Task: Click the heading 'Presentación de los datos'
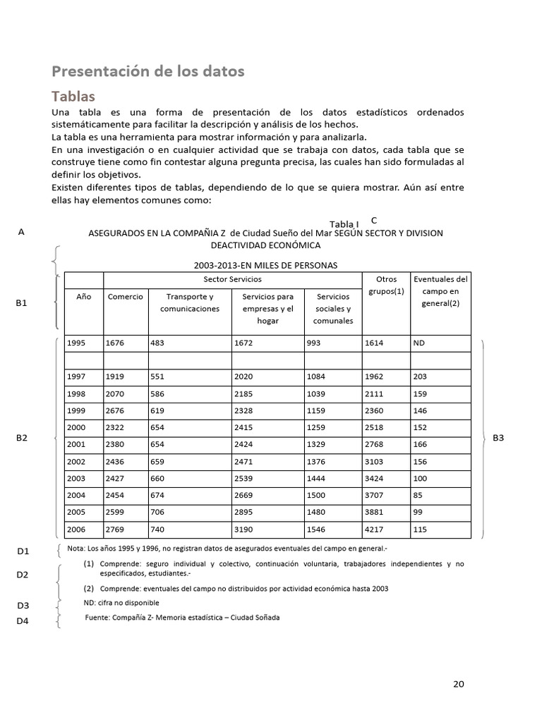click(x=148, y=71)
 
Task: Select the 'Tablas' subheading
click(x=73, y=96)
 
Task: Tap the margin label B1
click(x=21, y=303)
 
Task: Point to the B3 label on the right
click(x=498, y=438)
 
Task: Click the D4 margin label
click(x=23, y=621)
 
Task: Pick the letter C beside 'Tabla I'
click(x=374, y=221)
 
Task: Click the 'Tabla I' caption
click(x=344, y=224)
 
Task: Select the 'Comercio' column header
click(x=126, y=297)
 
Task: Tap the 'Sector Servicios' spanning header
click(x=232, y=280)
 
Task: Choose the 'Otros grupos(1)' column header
click(x=386, y=286)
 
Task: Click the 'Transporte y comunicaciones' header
click(x=190, y=302)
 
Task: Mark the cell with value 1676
click(x=115, y=343)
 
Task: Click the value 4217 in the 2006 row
click(x=375, y=529)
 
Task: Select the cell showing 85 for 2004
click(x=418, y=495)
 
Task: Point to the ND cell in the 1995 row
click(x=420, y=343)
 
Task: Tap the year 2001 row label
click(x=76, y=444)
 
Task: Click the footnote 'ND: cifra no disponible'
click(x=121, y=603)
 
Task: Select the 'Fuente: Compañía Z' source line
click(x=181, y=618)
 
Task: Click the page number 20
click(x=459, y=684)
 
